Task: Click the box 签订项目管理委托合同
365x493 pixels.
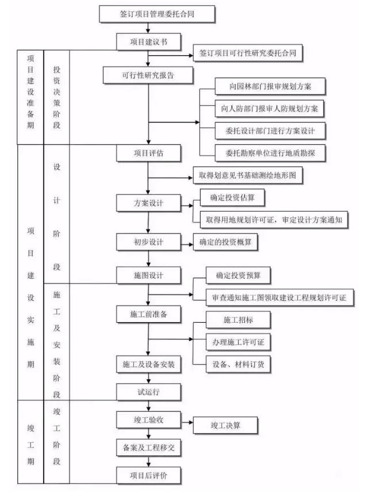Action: coord(157,14)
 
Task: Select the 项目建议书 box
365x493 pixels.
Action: coord(148,42)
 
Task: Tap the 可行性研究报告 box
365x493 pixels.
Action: coord(148,75)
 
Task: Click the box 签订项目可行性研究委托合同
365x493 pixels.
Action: coord(248,53)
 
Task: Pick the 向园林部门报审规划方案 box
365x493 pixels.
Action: coord(270,86)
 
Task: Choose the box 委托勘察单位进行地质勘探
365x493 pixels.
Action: coord(270,153)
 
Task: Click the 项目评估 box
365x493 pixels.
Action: coord(148,153)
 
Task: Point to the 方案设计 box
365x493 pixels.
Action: coord(148,203)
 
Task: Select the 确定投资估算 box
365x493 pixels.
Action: coord(232,197)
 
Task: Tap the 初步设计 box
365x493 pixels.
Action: coord(148,242)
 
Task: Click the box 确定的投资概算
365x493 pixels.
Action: coord(225,242)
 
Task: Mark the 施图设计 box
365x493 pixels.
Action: coord(148,276)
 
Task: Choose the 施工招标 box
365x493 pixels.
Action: coord(238,320)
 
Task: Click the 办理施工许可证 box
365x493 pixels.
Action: coord(238,342)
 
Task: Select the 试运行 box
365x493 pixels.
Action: coord(148,392)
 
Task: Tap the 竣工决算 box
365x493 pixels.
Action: coord(225,425)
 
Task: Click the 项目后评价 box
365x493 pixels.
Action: coord(148,475)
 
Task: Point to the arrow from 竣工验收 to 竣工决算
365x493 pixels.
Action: coord(187,422)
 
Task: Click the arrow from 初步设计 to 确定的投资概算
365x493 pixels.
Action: coord(187,244)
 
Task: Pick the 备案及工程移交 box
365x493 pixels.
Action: coord(148,448)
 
